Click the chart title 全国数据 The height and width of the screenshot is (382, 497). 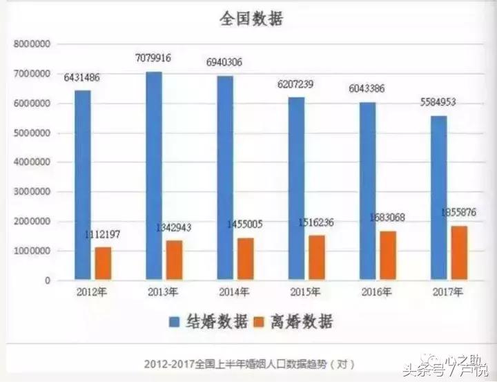251,19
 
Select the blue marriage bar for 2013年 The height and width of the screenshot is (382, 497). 154,176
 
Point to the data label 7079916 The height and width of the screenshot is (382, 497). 156,59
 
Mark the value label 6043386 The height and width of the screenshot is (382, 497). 367,89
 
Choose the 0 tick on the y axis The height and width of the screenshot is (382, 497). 48,281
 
